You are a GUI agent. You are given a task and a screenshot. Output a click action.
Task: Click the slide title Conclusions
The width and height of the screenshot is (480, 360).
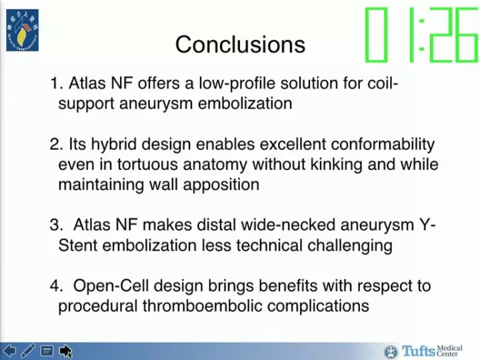(240, 45)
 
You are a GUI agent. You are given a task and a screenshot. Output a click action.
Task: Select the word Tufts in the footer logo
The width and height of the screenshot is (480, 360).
(417, 351)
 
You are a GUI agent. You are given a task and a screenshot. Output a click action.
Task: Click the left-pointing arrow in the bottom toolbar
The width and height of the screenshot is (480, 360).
(9, 350)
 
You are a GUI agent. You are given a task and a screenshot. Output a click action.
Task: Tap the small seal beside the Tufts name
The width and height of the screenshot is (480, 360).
(391, 351)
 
